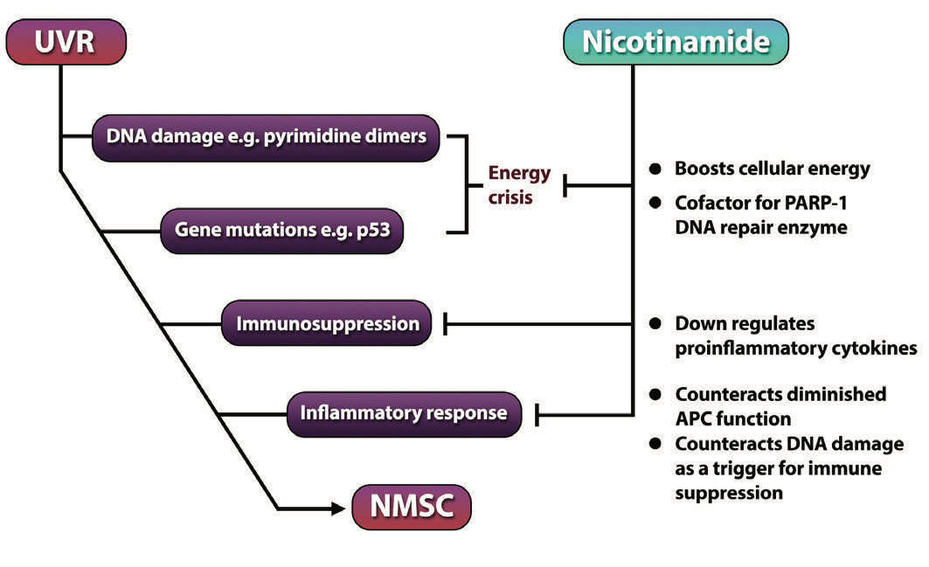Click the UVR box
66,42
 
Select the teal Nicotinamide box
676,42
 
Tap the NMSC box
411,507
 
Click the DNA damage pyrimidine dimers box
267,137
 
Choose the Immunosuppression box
328,323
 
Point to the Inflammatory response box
403,412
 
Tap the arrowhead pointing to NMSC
336,507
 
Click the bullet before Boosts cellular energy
654,169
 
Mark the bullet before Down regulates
654,324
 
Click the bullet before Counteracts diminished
654,395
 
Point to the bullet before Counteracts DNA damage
654,445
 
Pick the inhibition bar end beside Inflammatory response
537,413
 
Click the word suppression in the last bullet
729,493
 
